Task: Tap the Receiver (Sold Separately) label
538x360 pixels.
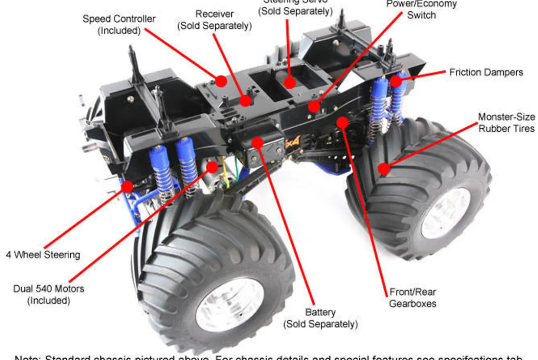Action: point(214,20)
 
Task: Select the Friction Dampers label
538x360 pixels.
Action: point(486,72)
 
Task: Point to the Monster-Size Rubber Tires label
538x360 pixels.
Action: point(506,122)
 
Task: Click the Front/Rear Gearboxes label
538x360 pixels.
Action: point(412,297)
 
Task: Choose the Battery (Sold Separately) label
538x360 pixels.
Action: point(320,318)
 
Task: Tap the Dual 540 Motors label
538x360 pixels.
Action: point(49,294)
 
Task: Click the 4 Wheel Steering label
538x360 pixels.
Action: point(43,254)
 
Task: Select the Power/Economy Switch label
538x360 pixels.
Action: point(421,9)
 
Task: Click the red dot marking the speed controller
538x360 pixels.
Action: point(221,81)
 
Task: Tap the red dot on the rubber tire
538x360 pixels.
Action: point(383,168)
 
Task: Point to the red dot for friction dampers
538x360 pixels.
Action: point(396,81)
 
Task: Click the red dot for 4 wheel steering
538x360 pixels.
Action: point(127,187)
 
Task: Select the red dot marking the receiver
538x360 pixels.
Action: point(246,101)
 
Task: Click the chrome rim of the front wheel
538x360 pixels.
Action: point(230,305)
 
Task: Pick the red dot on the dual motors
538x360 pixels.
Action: point(212,167)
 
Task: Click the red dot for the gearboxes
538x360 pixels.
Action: point(342,122)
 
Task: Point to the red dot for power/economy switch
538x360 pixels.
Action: point(314,106)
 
